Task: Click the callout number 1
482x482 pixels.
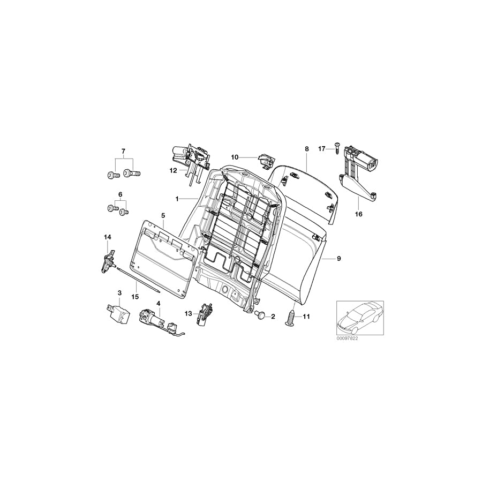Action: tap(176, 199)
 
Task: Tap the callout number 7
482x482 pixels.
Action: tap(123, 152)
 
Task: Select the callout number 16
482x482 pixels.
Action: tap(358, 214)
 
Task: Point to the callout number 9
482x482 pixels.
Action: tap(338, 259)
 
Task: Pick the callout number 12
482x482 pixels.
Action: tap(172, 171)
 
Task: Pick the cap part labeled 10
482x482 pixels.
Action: tap(265, 159)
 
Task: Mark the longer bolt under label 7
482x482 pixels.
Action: tap(131, 174)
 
